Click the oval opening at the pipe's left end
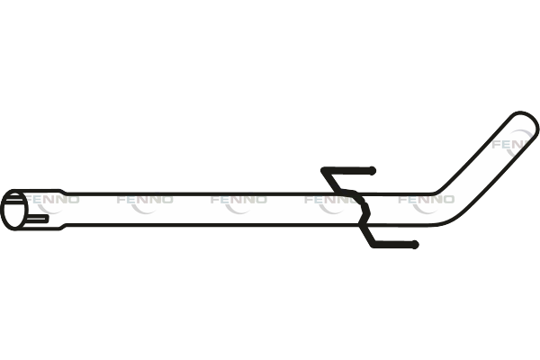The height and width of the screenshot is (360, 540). (x=14, y=209)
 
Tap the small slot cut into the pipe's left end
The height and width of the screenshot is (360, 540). (x=39, y=218)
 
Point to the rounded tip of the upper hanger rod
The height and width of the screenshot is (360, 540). (x=372, y=170)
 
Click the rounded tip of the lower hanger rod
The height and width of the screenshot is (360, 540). (x=413, y=245)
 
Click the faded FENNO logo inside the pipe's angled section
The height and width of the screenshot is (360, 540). (x=508, y=143)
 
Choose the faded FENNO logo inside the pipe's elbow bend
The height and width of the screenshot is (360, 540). (x=426, y=199)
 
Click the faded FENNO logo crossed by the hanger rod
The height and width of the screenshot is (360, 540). (x=332, y=199)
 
